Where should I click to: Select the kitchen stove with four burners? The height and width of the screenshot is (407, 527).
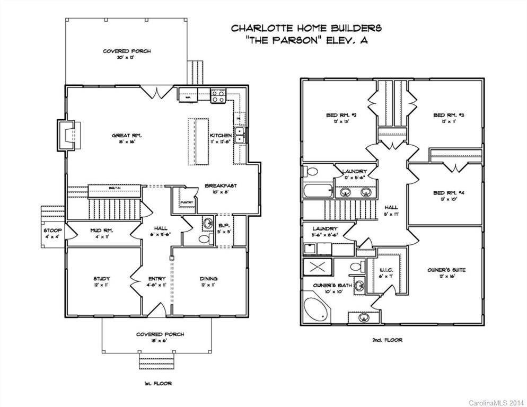(x=218, y=96)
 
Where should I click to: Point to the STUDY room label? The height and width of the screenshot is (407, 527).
(x=101, y=279)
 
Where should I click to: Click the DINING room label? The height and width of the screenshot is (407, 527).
(x=208, y=279)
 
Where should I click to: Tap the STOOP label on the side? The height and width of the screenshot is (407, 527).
(x=52, y=231)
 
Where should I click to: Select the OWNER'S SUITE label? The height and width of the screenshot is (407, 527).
(x=446, y=270)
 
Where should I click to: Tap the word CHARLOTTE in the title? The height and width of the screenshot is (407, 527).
(x=254, y=28)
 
